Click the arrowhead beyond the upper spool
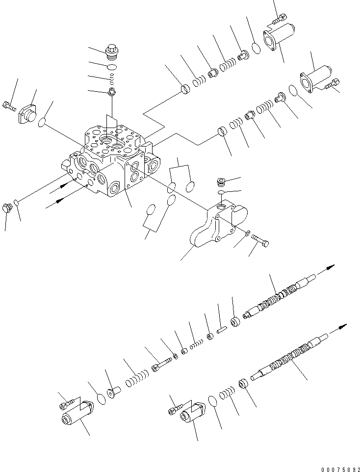[x=332, y=266]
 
